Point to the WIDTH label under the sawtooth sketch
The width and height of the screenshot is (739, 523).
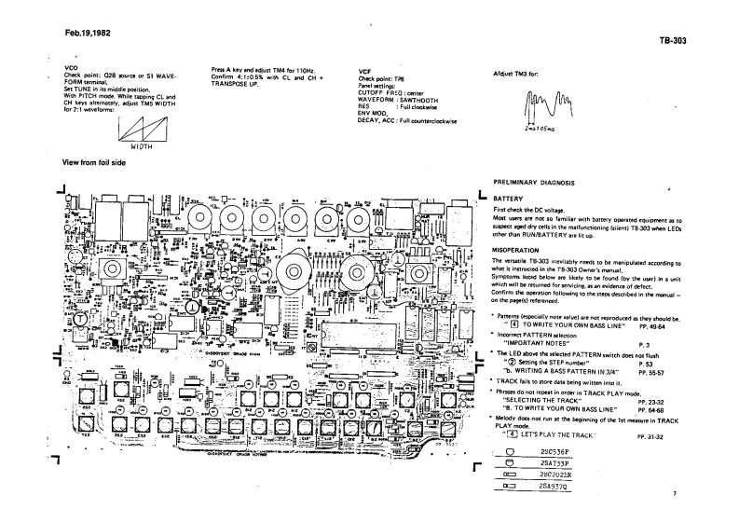pos(143,145)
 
